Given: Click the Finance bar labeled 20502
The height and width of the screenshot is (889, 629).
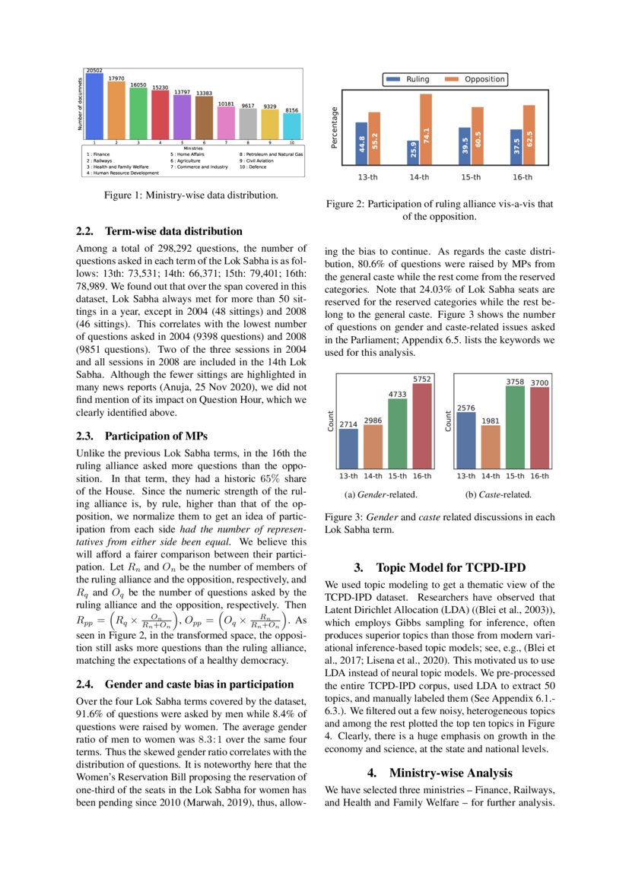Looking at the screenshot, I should [94, 106].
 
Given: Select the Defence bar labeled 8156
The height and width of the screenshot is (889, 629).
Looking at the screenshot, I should [292, 125].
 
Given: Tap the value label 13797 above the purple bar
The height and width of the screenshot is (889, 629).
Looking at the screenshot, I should [183, 92].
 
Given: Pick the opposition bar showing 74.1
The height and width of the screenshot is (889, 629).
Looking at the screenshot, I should [426, 129].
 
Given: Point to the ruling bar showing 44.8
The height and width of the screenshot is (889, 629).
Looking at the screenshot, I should [361, 144].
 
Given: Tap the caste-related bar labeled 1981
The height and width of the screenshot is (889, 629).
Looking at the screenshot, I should [491, 448].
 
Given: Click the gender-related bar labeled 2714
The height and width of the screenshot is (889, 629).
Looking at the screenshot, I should [348, 450].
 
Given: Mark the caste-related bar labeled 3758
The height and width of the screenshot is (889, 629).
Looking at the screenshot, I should [515, 428].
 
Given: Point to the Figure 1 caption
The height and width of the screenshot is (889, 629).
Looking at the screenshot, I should [191, 195].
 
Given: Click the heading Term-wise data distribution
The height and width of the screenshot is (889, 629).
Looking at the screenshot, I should [160, 231].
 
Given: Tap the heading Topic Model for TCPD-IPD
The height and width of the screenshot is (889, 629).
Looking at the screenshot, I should [440, 567].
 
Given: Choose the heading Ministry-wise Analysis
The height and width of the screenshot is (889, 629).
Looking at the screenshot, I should [440, 773].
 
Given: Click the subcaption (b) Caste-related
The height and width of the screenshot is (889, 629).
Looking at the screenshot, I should [498, 494].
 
